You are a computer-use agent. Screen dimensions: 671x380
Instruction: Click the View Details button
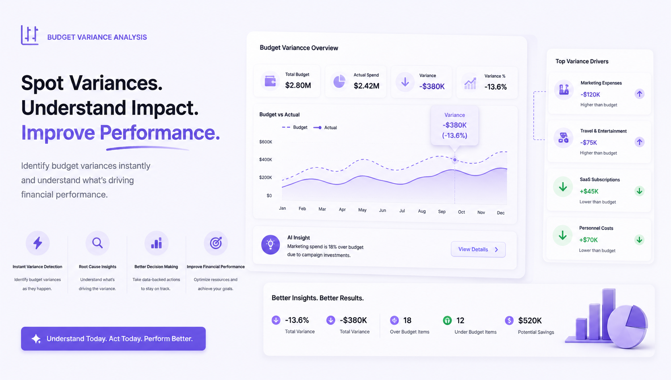click(x=478, y=249)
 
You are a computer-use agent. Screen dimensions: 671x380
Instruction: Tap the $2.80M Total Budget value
click(x=298, y=85)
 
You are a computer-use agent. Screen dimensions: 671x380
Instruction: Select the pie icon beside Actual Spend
click(x=339, y=81)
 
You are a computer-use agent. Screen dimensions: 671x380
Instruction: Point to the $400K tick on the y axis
click(x=265, y=159)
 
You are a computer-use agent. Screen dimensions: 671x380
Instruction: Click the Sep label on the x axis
click(x=442, y=212)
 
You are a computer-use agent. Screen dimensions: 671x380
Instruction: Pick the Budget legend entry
click(x=295, y=127)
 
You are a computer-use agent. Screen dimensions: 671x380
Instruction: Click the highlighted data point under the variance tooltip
click(x=455, y=160)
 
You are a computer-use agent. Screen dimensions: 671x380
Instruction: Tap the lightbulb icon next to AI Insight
click(x=270, y=244)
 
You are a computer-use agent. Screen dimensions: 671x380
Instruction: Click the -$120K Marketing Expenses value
click(x=590, y=95)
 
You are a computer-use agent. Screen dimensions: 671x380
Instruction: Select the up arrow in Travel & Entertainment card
click(x=639, y=142)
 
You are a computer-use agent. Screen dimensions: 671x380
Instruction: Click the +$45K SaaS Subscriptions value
click(x=589, y=191)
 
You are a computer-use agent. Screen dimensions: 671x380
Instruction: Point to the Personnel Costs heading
click(x=596, y=228)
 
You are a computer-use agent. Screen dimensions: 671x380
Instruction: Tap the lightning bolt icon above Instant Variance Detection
click(x=37, y=243)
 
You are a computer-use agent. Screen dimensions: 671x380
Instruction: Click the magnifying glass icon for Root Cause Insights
click(x=97, y=243)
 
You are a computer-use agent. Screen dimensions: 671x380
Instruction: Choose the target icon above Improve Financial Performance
click(x=216, y=243)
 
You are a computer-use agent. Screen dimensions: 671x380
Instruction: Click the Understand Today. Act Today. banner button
click(x=113, y=339)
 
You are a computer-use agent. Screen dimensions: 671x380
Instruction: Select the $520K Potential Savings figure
click(x=530, y=321)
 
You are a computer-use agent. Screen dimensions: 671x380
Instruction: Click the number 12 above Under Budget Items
click(x=460, y=321)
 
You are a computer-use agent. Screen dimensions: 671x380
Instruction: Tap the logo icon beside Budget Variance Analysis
click(x=30, y=35)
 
